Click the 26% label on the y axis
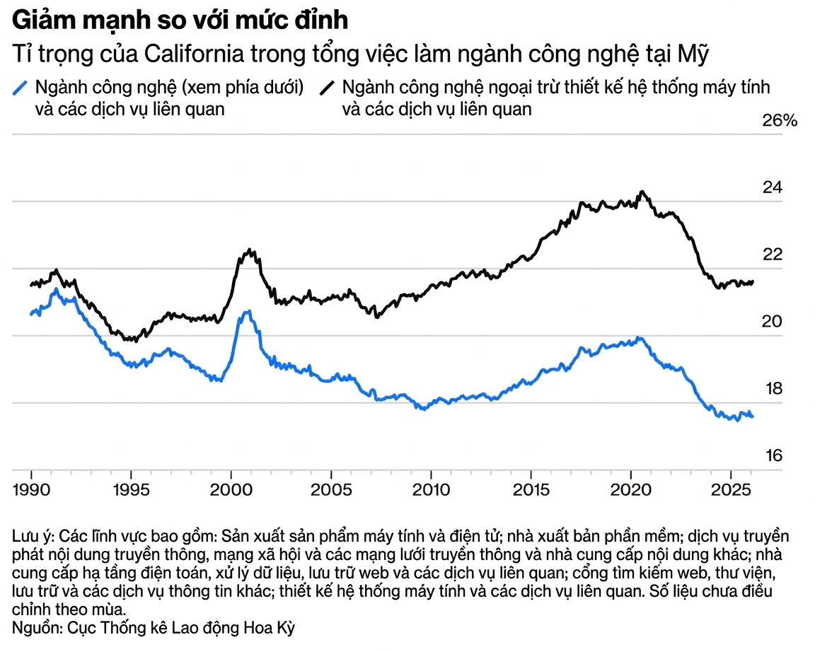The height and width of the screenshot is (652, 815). [779, 121]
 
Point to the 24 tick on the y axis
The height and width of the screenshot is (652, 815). [773, 188]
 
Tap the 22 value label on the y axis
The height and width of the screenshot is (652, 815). [773, 255]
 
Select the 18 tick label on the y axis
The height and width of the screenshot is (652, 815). [773, 390]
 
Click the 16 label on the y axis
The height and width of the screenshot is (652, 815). [773, 456]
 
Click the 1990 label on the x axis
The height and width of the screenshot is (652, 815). [31, 490]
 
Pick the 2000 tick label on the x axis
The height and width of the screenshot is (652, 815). [231, 490]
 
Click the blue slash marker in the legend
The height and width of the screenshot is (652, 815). [21, 88]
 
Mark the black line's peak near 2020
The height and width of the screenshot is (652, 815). [642, 192]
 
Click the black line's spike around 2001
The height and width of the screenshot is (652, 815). [249, 250]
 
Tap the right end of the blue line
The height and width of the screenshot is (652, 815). [753, 417]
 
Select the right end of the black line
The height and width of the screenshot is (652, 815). [753, 281]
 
